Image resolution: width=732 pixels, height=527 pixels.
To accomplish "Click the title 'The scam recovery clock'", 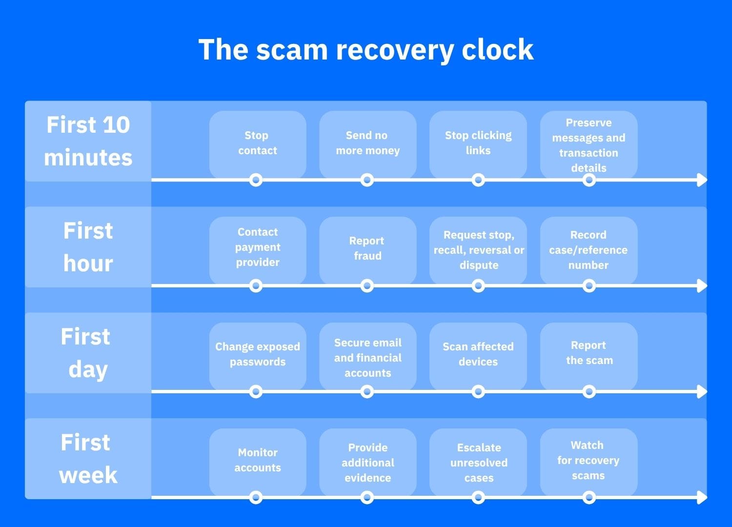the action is coord(366,50).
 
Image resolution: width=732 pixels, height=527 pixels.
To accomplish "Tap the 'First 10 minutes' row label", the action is coord(88,141).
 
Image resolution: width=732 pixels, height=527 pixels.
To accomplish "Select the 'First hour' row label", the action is coord(88,247).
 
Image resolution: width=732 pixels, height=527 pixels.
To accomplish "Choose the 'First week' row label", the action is coord(88,459).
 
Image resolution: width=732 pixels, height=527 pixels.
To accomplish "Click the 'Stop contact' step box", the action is coord(258,145).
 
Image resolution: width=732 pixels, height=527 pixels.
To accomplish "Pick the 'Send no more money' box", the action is coord(368,145).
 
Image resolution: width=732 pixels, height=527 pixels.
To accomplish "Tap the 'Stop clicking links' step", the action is coord(478,145).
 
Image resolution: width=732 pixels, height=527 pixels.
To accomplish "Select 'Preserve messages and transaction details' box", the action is coord(589,145).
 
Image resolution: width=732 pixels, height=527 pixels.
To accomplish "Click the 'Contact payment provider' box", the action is coord(258,251).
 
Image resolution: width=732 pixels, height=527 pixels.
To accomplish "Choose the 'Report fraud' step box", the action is coord(368,251).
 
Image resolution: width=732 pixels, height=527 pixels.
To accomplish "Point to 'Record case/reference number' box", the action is coord(589,251).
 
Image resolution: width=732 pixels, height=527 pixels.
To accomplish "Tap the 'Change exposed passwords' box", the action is coord(258,356).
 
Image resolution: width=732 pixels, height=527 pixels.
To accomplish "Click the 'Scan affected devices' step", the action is coord(478,356).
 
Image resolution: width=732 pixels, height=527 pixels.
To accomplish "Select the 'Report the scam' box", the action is coord(589,356).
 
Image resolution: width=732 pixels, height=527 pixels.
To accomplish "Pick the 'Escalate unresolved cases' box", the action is coord(478,462).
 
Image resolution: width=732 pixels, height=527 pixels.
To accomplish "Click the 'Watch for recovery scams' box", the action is coord(589,462).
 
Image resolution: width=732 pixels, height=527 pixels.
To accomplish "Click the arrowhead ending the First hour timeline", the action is coord(702,286).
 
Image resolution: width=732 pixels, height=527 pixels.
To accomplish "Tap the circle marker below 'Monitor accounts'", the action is coord(256,498).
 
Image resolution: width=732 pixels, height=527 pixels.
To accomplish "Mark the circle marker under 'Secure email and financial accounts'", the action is coord(367,392).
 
